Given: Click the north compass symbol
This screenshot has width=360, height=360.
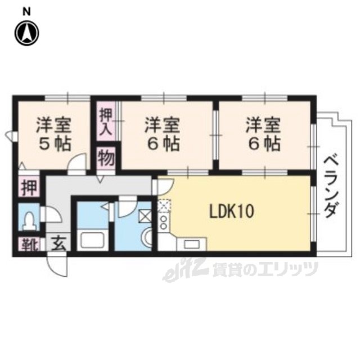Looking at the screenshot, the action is (x=27, y=33).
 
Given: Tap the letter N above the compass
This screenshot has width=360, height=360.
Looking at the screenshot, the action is (x=26, y=12).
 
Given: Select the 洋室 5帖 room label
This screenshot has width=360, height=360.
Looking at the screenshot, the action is (x=54, y=134).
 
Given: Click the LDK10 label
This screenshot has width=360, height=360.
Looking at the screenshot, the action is (x=231, y=211).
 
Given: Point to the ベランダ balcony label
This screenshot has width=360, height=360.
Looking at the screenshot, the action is (x=332, y=186).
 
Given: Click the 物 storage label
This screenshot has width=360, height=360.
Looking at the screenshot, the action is (x=106, y=158).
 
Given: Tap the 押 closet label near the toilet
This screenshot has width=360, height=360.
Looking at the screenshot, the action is (x=29, y=188).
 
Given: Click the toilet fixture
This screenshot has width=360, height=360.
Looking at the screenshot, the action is (x=29, y=221).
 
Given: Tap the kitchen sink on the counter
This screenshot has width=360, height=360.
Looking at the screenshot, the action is (x=192, y=244).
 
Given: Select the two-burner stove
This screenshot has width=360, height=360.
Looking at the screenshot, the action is (x=164, y=222).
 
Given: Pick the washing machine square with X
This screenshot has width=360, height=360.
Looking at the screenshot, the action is (x=145, y=216).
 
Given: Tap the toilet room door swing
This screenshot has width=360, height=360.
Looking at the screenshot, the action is (x=52, y=214).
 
